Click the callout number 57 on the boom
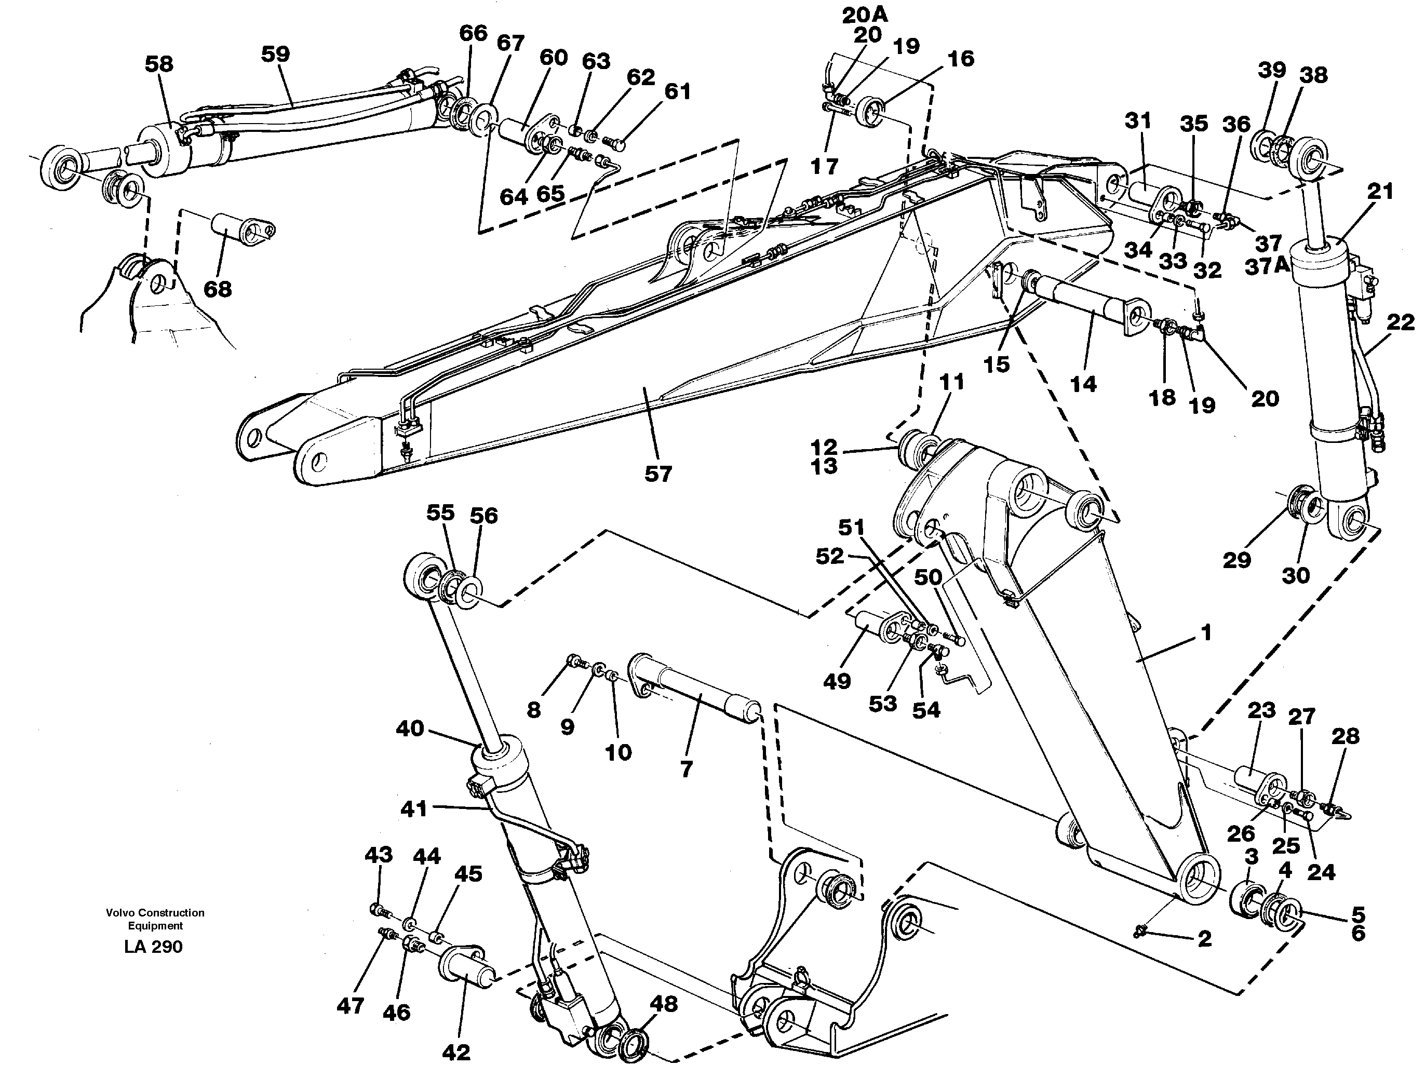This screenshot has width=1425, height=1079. tap(658, 475)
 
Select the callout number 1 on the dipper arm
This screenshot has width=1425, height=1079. tap(1205, 632)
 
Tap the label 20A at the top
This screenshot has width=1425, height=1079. tap(865, 15)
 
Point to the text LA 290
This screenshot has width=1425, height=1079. tap(154, 946)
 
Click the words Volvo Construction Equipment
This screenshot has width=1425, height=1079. tap(155, 919)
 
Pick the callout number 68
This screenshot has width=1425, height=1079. tap(218, 289)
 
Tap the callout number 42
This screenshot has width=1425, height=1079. tap(456, 1052)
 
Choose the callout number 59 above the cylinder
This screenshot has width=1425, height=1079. tap(275, 54)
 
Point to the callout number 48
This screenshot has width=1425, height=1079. tap(664, 1004)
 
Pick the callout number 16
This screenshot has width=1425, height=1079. tap(961, 59)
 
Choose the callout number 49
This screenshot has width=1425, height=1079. tap(836, 680)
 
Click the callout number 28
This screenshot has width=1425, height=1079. tap(1345, 736)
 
